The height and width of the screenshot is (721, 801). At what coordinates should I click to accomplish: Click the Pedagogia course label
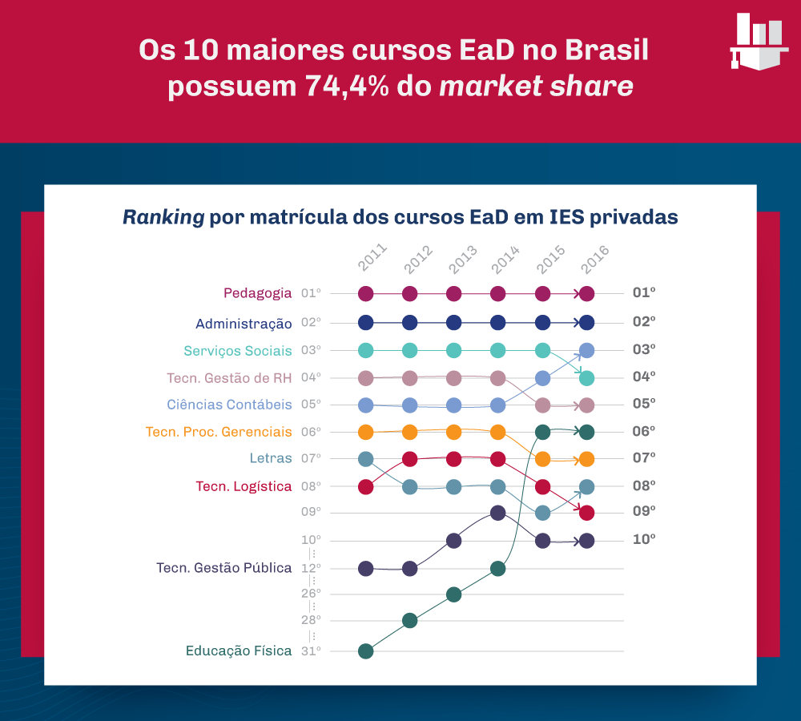(x=257, y=293)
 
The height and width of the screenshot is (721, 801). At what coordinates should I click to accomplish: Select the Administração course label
(x=244, y=324)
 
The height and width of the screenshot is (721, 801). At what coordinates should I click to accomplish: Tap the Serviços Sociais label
(x=237, y=351)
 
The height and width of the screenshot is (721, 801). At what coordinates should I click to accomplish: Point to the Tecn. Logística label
(x=244, y=486)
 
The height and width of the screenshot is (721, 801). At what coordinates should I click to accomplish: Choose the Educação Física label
(x=239, y=651)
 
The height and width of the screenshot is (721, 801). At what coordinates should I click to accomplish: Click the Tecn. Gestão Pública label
(x=223, y=568)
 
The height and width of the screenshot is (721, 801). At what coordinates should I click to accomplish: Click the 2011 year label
(x=372, y=260)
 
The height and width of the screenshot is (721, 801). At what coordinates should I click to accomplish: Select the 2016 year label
(x=594, y=260)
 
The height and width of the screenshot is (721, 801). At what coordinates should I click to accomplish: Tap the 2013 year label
(x=461, y=260)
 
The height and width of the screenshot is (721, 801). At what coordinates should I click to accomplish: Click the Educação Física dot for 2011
(x=366, y=651)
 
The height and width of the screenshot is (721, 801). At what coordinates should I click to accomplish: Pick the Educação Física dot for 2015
(x=542, y=433)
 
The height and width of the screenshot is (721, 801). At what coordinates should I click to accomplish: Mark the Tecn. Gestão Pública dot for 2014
(x=497, y=513)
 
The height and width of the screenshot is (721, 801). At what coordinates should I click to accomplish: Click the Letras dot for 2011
(x=366, y=459)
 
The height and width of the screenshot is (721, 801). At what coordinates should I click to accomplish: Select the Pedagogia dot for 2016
(x=586, y=294)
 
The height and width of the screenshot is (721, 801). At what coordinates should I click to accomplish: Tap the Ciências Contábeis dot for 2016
(x=586, y=350)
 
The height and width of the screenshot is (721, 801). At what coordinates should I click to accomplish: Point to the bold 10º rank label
(x=644, y=539)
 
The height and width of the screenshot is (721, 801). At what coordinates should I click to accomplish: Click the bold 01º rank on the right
(x=644, y=293)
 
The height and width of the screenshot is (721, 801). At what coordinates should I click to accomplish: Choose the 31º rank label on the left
(x=311, y=651)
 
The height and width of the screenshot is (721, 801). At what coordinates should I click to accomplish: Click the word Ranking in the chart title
(x=163, y=217)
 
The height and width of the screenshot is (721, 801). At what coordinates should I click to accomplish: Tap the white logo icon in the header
(x=759, y=41)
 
